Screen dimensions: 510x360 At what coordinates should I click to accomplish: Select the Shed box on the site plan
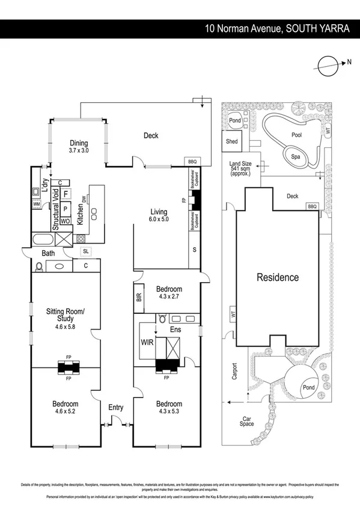231,142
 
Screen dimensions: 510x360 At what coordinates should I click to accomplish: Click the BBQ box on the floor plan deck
192,161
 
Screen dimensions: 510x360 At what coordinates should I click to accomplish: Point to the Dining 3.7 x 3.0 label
78,147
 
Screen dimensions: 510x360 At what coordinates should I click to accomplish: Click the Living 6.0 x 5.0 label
159,215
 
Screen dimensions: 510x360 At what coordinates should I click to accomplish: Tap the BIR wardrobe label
139,297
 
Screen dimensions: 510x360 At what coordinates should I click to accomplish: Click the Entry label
116,408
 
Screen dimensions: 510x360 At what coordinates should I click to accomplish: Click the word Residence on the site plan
278,277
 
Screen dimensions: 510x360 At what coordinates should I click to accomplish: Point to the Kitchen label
80,215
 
